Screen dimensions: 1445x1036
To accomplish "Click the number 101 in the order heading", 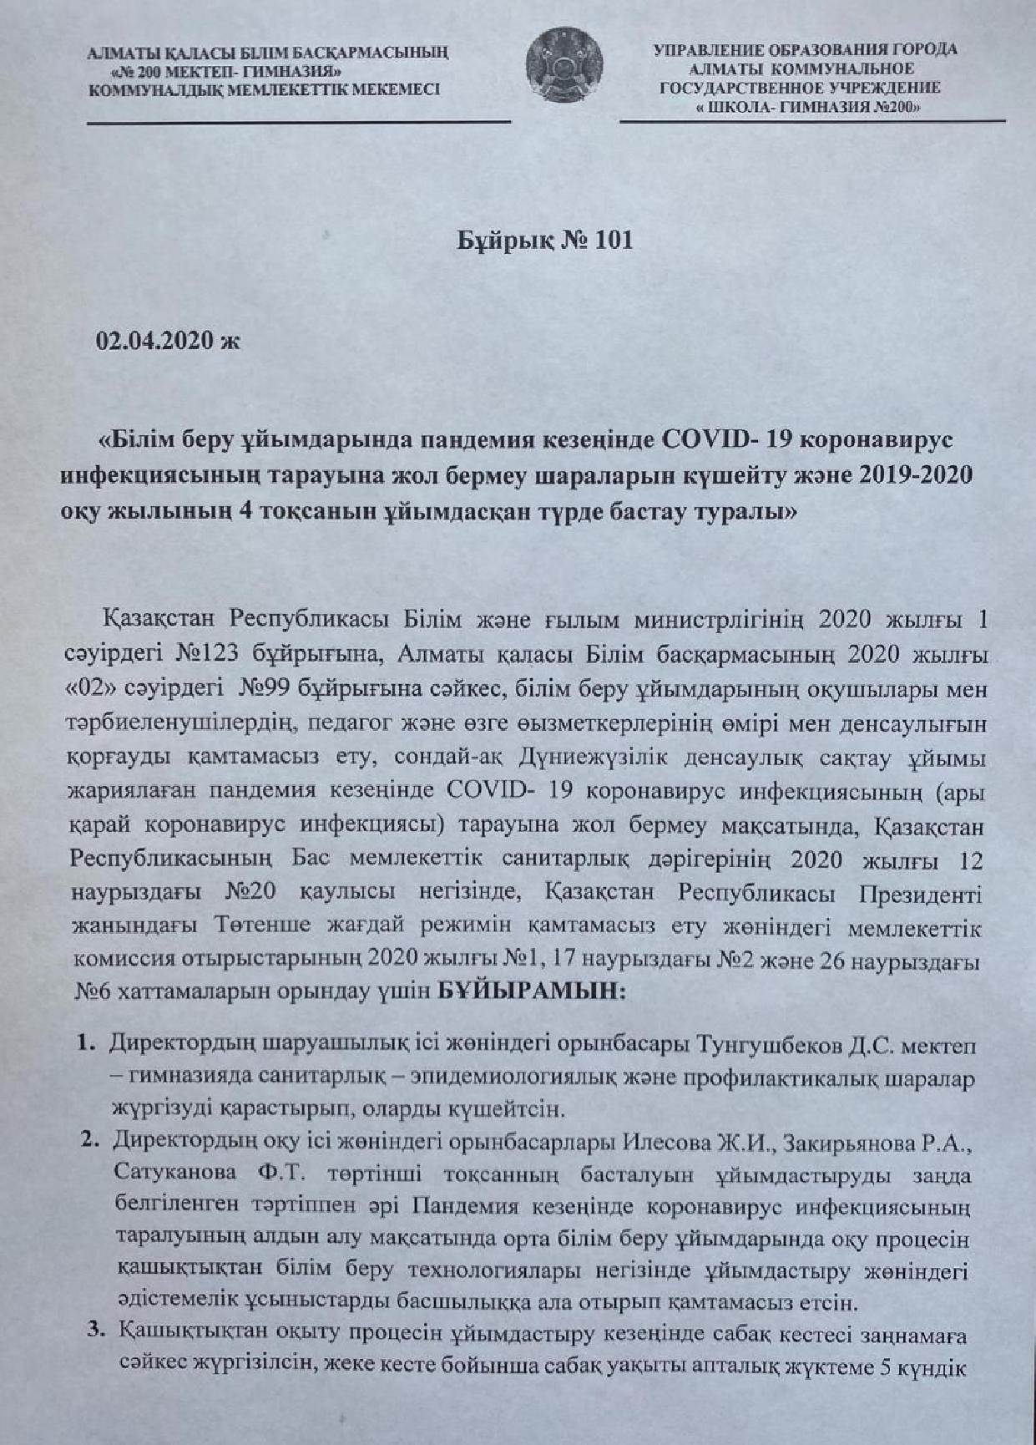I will [614, 241].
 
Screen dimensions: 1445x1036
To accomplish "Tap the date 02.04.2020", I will [157, 342].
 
